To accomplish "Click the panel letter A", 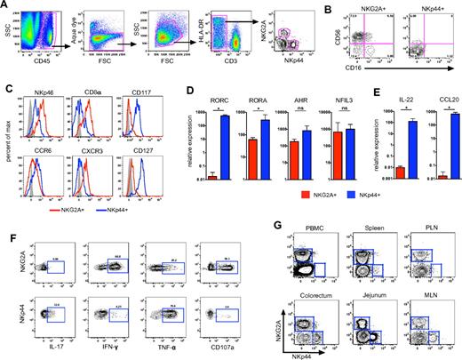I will pyautogui.click(x=5, y=6).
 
